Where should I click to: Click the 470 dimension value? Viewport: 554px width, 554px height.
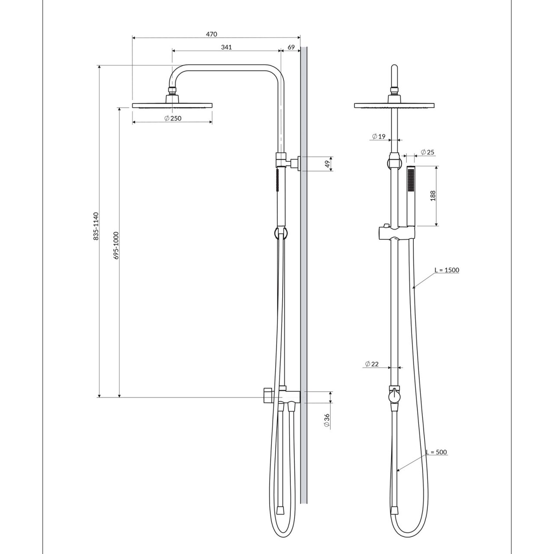(211, 34)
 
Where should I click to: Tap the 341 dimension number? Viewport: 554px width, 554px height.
(226, 47)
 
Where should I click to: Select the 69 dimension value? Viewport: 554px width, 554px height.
(291, 47)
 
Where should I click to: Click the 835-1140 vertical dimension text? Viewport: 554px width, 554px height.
(96, 226)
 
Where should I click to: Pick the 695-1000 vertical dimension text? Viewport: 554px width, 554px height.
(116, 245)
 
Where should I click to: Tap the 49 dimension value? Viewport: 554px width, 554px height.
(327, 164)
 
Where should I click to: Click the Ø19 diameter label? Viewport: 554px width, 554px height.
(379, 137)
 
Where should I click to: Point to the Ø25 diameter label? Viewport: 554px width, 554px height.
(428, 152)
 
